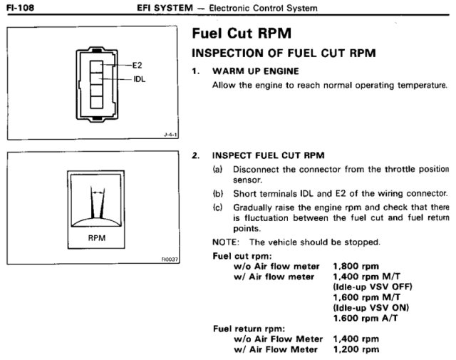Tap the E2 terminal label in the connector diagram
138,65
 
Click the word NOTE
224,242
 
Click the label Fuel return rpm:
244,329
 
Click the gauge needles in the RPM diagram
97,202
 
